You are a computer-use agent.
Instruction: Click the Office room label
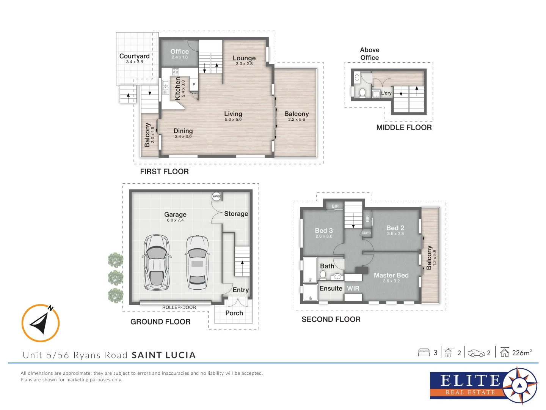point(179,52)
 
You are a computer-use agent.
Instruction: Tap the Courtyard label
point(134,56)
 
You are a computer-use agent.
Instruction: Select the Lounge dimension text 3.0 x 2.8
point(244,64)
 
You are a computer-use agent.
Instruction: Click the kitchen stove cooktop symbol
point(175,72)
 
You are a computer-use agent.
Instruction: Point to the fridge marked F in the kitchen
point(194,85)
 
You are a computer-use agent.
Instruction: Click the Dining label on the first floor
point(183,131)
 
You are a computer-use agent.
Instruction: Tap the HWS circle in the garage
point(216,196)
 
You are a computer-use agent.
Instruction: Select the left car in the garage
point(157,262)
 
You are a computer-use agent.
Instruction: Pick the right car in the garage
point(197,262)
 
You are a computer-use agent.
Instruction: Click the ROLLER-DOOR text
point(179,307)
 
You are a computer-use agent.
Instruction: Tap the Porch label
point(234,313)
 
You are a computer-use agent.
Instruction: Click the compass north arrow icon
point(40,323)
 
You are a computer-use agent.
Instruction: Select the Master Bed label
point(391,275)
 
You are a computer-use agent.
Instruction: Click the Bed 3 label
point(324,230)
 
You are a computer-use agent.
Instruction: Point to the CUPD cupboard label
point(366,233)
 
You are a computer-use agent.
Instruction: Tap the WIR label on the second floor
point(353,289)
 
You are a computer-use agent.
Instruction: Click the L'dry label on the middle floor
point(386,93)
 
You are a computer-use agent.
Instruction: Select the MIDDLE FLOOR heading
point(404,128)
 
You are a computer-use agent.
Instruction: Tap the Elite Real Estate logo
point(483,386)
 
